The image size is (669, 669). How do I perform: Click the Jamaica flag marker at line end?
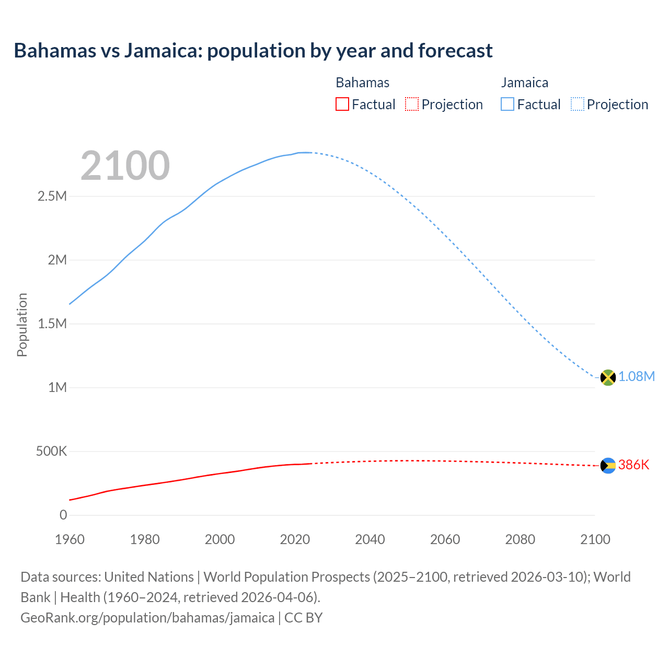coord(608,377)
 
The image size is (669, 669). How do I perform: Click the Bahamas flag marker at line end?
coord(608,466)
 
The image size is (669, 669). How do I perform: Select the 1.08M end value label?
coord(637,377)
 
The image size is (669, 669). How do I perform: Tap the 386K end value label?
coord(633,465)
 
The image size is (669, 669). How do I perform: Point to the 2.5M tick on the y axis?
coord(52,197)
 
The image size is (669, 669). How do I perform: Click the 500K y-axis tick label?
coord(51,452)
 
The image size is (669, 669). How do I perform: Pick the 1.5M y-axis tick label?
coord(52,324)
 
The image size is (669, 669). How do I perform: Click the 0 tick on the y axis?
coord(63,515)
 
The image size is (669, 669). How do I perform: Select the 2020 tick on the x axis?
coord(295,540)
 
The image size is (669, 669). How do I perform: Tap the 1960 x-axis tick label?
coord(70,540)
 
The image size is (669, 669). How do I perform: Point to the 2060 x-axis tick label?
coord(445,540)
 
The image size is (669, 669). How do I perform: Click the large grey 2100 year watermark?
coord(125,166)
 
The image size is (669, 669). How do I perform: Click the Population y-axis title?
coord(22,325)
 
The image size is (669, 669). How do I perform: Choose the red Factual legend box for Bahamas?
coord(342,105)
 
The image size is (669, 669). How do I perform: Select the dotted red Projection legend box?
coord(412,105)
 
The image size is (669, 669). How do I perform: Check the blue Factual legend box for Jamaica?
coord(507,105)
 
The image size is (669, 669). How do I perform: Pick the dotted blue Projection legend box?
coord(578,105)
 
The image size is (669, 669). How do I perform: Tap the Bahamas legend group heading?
coord(362,83)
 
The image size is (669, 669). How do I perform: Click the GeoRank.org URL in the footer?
coord(147,618)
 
